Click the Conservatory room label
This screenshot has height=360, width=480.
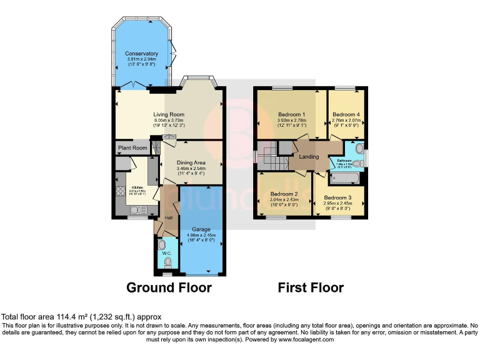[x=141, y=54]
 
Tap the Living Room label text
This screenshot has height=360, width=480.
[x=169, y=114]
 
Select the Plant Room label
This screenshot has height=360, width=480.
[x=132, y=148]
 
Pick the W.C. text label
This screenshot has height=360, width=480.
[x=166, y=254]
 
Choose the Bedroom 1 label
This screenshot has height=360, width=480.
[x=291, y=114]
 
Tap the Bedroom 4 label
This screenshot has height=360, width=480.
[x=346, y=114]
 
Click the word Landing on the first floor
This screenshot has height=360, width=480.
[x=309, y=157]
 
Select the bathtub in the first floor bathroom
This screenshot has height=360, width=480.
[x=347, y=178]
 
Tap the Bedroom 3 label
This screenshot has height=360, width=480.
[x=337, y=197]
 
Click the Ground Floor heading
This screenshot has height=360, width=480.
[x=169, y=287]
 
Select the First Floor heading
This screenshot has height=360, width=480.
[x=311, y=287]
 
